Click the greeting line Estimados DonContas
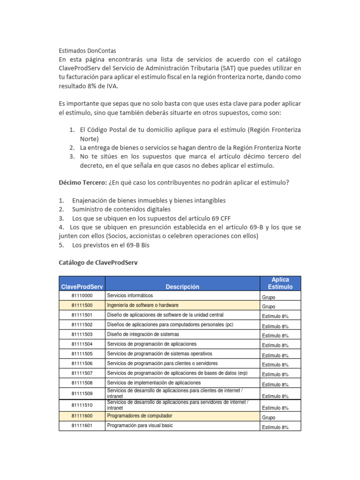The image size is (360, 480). point(87,50)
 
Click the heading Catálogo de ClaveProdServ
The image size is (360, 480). point(98,262)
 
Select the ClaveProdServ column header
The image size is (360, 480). point(82,286)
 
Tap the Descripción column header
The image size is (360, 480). point(182,286)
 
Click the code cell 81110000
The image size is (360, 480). point(82,296)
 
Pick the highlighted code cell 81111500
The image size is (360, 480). point(82,306)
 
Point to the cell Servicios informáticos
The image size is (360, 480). point(130,296)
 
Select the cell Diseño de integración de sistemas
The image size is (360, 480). point(142,335)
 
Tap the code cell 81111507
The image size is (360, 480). point(82,374)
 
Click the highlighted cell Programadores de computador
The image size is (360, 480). point(140,416)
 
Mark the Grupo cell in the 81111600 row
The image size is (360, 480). point(269,417)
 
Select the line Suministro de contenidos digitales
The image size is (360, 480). point(121,209)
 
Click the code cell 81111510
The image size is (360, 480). point(82,405)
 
